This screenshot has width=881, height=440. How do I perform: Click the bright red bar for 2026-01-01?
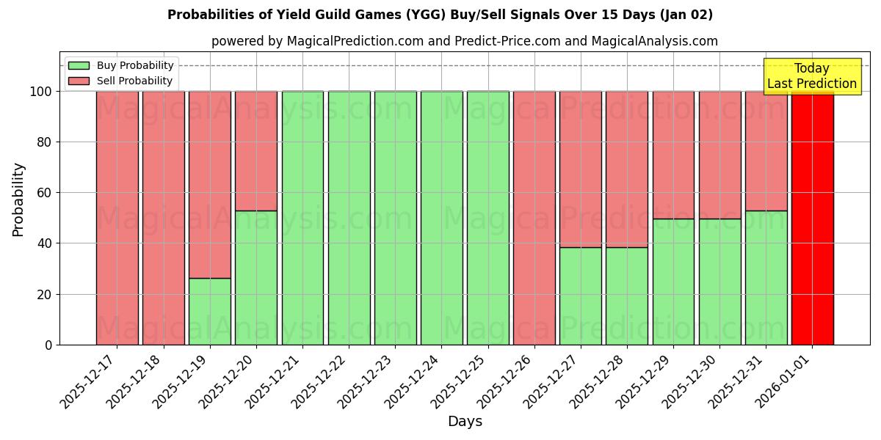tap(812, 218)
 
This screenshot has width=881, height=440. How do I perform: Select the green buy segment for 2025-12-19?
tap(210, 311)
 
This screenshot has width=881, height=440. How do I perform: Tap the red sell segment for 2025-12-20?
tap(256, 150)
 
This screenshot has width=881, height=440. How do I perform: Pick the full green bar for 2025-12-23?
tap(395, 218)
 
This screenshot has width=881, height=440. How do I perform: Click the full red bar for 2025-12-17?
tap(117, 218)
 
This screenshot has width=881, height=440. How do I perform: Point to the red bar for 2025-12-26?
tap(534, 218)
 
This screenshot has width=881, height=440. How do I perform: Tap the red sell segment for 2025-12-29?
tap(673, 155)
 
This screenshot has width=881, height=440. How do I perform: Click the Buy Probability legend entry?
tap(121, 65)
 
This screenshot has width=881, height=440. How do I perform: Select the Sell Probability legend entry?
tap(121, 81)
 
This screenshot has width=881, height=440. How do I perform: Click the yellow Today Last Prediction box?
tap(812, 76)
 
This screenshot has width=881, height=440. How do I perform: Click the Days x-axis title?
tap(465, 422)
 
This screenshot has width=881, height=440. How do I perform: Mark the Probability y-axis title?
tap(18, 199)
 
